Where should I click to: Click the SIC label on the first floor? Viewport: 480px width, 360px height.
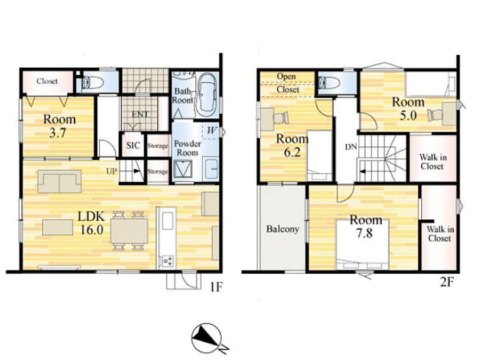(133, 145)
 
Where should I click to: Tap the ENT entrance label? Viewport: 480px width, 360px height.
(140, 114)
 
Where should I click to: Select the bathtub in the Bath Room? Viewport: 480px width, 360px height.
(207, 95)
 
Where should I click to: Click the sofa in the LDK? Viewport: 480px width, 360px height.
(59, 181)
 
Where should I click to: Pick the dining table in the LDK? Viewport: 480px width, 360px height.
(129, 231)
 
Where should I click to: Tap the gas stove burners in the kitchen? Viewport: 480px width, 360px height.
(167, 261)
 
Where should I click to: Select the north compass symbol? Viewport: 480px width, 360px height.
(207, 338)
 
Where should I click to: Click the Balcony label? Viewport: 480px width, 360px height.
(282, 229)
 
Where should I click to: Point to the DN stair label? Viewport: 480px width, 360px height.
(351, 147)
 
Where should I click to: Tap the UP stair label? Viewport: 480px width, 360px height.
(112, 171)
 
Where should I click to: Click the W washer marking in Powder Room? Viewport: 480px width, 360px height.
(211, 130)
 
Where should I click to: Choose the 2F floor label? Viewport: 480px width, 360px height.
(446, 282)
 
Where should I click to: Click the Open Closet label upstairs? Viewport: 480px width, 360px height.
(287, 83)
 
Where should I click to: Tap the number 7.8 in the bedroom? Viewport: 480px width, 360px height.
(365, 233)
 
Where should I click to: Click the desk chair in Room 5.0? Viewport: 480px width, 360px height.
(435, 114)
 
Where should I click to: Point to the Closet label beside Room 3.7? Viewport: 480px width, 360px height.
(47, 81)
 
